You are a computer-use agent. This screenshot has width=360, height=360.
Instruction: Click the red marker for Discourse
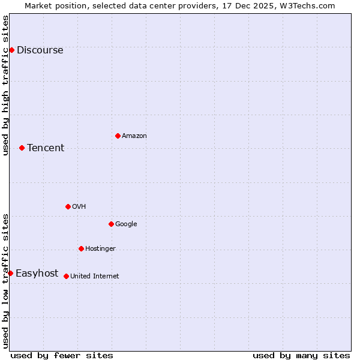click(x=11, y=50)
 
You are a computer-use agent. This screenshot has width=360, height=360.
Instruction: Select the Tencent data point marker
click(x=22, y=148)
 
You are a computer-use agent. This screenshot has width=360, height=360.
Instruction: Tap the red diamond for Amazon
click(x=118, y=136)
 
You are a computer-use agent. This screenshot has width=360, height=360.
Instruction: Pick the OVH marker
click(x=68, y=206)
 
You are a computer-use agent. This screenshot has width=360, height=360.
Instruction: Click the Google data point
click(x=111, y=224)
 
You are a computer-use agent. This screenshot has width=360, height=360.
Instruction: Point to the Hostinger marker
click(x=81, y=248)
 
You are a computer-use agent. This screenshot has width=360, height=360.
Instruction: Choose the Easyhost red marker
click(x=10, y=273)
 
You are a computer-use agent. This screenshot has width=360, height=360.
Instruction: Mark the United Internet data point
click(x=66, y=276)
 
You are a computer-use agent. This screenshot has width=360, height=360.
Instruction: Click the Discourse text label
click(x=40, y=50)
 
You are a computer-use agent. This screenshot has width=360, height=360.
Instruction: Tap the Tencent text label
click(x=46, y=148)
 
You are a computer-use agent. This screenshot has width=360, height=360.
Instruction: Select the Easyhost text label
click(x=37, y=274)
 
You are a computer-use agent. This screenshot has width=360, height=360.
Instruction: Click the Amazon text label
click(x=134, y=136)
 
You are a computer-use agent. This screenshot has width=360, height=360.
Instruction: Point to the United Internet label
click(x=94, y=277)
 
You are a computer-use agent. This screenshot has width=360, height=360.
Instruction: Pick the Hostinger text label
click(x=100, y=249)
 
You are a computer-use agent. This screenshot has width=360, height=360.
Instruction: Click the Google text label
click(x=126, y=224)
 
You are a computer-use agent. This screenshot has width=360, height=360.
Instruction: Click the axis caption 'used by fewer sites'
click(x=62, y=355)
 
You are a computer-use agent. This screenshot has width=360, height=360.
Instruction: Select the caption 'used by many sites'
click(x=301, y=355)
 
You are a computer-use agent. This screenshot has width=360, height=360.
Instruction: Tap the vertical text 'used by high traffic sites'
click(x=5, y=85)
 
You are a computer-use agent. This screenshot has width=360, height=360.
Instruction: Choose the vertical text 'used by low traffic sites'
click(x=5, y=281)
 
